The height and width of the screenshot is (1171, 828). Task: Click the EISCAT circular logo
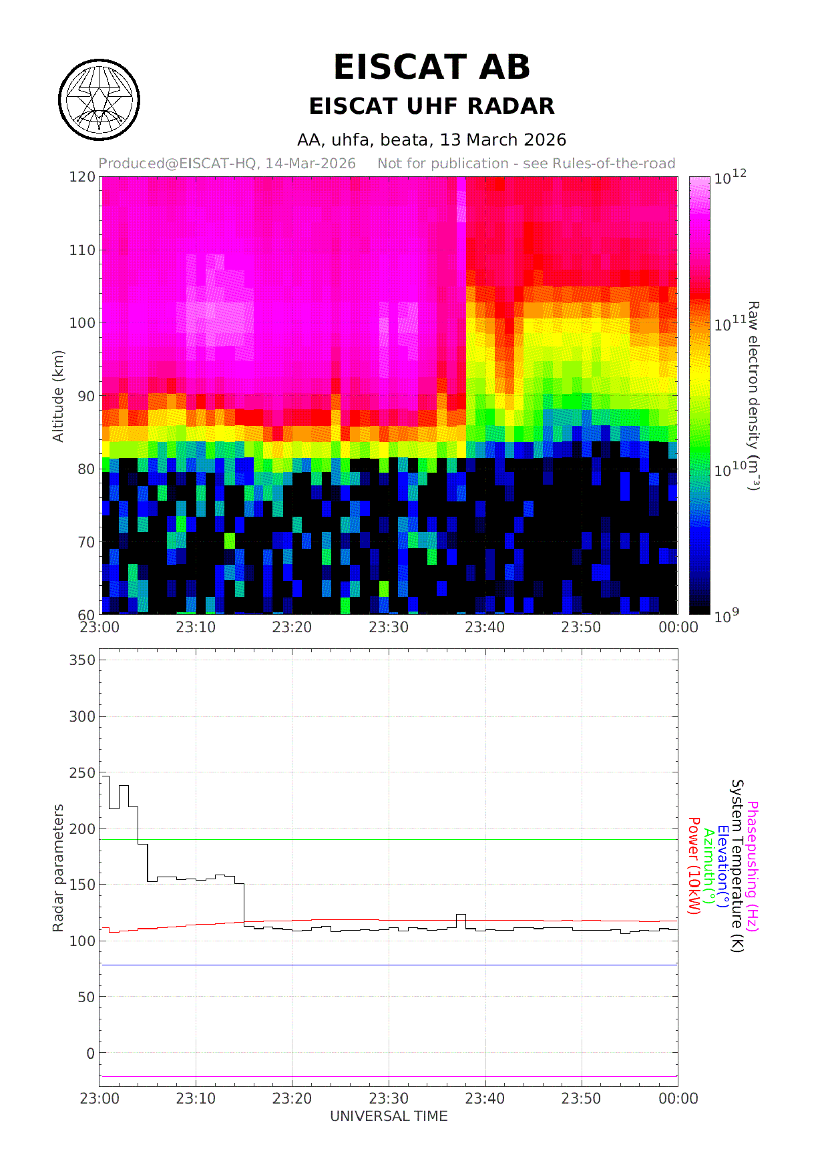pos(99,99)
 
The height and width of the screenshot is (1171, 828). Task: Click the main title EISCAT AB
pos(431,67)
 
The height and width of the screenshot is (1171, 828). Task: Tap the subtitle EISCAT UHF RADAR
pos(431,106)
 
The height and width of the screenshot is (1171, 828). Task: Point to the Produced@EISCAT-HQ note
pos(227,164)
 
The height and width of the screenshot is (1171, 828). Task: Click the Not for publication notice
pos(526,164)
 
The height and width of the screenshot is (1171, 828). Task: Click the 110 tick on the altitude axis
pos(83,250)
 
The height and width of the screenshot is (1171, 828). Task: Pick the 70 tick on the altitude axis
pos(86,542)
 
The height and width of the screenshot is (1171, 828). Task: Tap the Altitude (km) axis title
pos(58,396)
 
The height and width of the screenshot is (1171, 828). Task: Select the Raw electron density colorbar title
pos(753,396)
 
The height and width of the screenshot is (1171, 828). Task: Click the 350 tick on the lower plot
pos(83,660)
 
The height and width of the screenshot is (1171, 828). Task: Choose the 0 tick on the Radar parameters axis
pos(91,1053)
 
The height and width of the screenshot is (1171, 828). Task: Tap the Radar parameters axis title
pos(58,868)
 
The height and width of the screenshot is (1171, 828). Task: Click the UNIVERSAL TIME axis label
pos(389,1116)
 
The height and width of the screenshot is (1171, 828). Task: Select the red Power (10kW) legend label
pos(694,866)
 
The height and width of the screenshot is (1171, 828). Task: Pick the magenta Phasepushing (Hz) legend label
pos(752,866)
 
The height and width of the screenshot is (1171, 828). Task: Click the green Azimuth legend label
pos(708,866)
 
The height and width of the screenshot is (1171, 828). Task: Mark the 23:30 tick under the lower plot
pos(389,1098)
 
